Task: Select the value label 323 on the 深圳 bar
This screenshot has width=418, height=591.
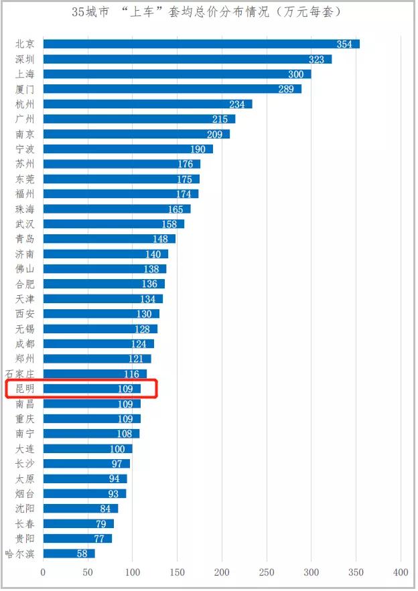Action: tap(316, 60)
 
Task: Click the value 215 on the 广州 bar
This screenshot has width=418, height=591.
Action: tap(220, 119)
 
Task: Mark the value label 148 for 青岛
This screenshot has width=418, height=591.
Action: tap(160, 239)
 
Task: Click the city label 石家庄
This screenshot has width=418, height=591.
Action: tap(19, 373)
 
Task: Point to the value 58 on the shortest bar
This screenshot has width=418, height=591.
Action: tap(82, 554)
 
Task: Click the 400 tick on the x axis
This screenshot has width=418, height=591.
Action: tap(401, 572)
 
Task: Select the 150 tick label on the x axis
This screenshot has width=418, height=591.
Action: tap(177, 572)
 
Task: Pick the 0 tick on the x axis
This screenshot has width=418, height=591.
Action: tap(43, 572)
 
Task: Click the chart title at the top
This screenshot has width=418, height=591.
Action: tap(208, 13)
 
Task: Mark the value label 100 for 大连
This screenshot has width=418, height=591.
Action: tap(117, 448)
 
